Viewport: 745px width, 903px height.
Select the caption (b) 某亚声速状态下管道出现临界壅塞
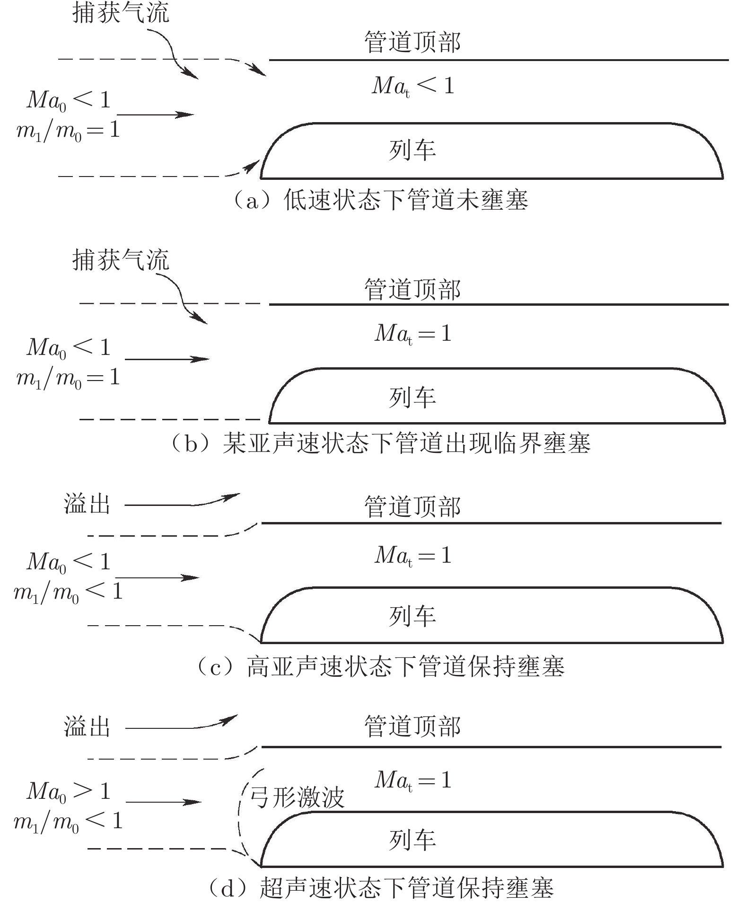(381, 444)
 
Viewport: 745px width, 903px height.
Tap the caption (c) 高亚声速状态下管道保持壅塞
(381, 667)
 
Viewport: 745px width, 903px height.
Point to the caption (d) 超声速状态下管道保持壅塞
(381, 888)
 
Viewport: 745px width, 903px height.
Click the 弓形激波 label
(297, 797)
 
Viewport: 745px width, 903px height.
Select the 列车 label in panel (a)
(412, 150)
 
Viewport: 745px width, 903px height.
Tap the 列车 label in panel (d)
(412, 840)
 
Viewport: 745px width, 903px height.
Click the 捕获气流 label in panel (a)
(121, 13)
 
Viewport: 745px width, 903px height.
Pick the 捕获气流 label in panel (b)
(121, 260)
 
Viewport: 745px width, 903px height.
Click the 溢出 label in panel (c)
(87, 505)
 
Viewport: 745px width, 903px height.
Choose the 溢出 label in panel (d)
(87, 727)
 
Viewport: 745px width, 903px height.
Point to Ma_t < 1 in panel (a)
(413, 86)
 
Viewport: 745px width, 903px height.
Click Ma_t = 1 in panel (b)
(413, 334)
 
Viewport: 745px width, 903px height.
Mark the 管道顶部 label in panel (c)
(412, 507)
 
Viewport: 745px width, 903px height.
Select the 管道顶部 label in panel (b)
(412, 290)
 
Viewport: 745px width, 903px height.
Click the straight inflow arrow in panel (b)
(167, 359)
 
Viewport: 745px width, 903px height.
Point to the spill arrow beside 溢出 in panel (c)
(182, 503)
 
